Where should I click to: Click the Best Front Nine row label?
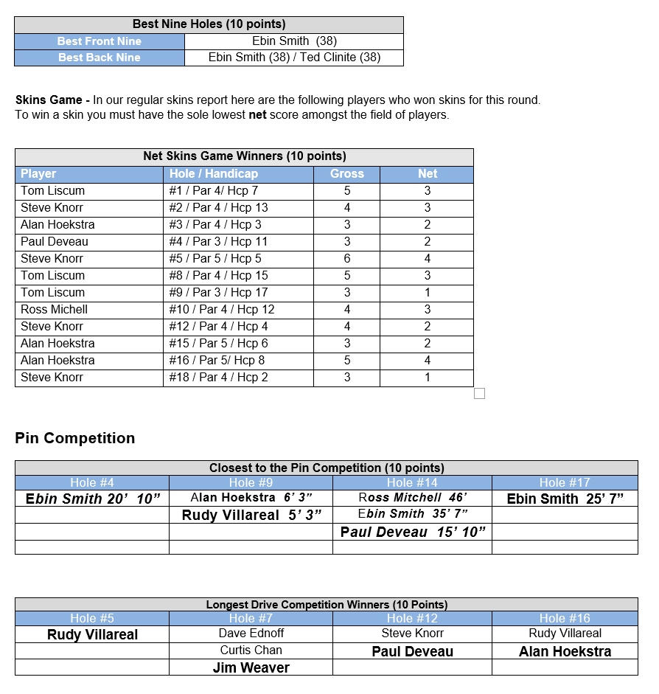pos(99,41)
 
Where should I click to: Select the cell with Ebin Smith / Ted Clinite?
pos(294,58)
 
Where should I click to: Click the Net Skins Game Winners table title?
pos(244,156)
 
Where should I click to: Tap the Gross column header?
pos(347,174)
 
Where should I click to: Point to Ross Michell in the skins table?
pos(54,309)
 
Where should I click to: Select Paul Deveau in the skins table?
pos(54,241)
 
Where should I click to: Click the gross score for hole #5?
pos(347,258)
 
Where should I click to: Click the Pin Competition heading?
pos(74,438)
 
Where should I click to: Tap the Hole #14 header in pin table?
pos(412,483)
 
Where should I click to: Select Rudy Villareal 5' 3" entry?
pos(251,515)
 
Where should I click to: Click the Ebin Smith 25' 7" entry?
pos(565,499)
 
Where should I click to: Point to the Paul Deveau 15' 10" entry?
pos(413,532)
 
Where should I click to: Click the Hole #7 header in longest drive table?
pos(251,619)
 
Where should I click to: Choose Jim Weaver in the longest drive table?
pos(251,667)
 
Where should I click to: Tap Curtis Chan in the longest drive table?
pos(251,650)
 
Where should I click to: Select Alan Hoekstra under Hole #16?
pos(565,651)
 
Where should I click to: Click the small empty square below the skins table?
pos(479,394)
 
